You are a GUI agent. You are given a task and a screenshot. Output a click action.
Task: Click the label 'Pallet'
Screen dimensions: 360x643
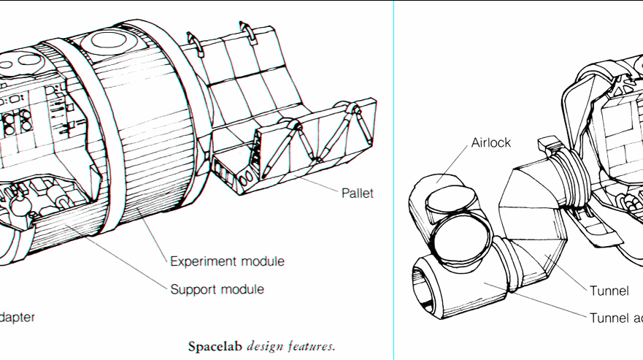click(x=358, y=194)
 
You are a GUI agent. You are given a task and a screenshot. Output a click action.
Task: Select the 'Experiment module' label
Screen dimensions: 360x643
click(x=227, y=261)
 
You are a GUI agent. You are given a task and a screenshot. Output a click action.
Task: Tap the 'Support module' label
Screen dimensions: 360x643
click(x=217, y=289)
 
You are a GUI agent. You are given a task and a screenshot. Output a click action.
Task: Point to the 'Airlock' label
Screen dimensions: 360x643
click(x=490, y=142)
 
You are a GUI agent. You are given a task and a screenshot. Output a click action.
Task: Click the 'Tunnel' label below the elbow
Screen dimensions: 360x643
click(x=609, y=291)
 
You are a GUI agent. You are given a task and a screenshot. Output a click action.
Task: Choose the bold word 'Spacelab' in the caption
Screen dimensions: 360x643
click(x=216, y=345)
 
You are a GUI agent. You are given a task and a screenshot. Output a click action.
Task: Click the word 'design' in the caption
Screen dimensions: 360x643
click(x=266, y=345)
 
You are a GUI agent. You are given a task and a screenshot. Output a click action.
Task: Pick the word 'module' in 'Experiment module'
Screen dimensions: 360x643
click(x=261, y=261)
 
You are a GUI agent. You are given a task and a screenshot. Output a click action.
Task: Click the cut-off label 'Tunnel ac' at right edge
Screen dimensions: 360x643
click(x=616, y=317)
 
